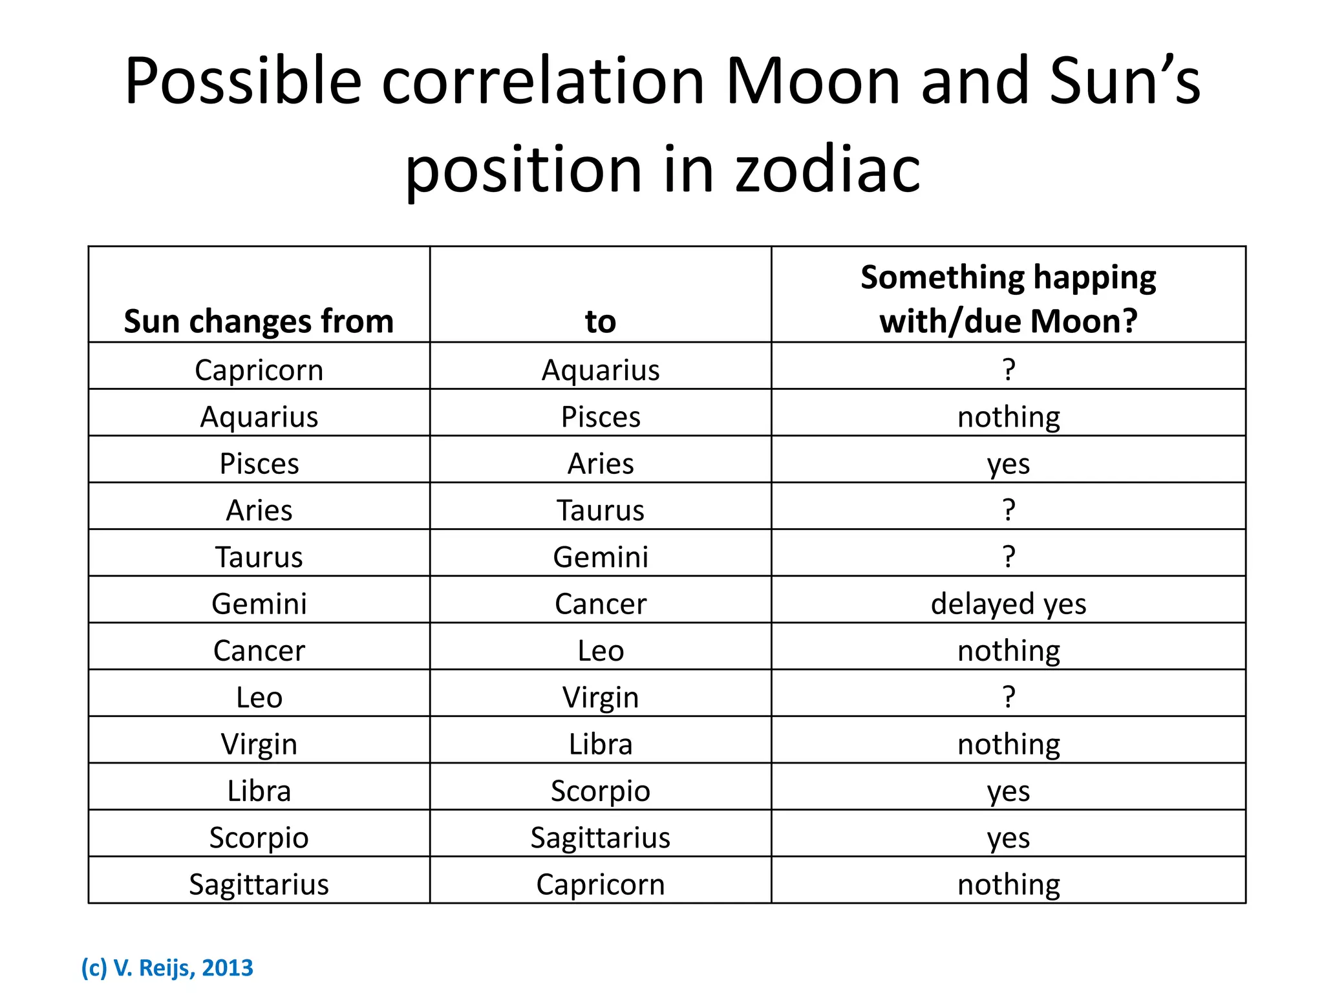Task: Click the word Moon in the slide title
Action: tap(813, 82)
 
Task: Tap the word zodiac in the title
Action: tap(827, 170)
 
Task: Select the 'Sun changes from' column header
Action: tap(259, 321)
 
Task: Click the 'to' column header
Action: tap(600, 321)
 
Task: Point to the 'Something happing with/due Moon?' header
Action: tap(1008, 299)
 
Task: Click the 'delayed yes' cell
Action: tap(1008, 604)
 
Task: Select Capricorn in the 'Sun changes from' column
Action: tap(259, 370)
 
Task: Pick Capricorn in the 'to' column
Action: tap(600, 884)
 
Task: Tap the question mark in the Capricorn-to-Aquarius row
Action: tap(1009, 370)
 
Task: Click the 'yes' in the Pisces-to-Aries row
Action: tap(1008, 464)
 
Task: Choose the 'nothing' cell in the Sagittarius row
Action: tap(1009, 884)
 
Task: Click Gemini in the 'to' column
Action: tap(600, 557)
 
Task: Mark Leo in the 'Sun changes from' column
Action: tap(259, 698)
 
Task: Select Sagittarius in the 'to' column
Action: tap(600, 838)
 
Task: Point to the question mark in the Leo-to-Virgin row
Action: tap(1009, 697)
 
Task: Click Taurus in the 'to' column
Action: tap(600, 511)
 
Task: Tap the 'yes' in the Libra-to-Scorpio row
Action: tap(1008, 791)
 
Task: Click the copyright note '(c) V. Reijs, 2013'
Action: tap(167, 968)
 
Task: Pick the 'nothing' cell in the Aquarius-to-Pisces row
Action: tap(1009, 417)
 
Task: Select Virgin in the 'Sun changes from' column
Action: tap(259, 744)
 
